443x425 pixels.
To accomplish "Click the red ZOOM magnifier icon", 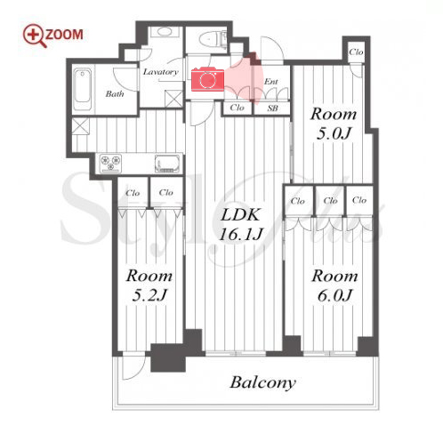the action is (35, 36).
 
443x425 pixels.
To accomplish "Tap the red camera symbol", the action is (207, 79).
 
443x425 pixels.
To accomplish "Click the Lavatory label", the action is (161, 72).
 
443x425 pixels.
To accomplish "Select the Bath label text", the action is (115, 94).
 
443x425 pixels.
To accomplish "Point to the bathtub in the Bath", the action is (83, 89).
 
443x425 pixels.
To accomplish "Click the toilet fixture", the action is (212, 38).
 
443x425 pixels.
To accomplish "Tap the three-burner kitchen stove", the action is (110, 163).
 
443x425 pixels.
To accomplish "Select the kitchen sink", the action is (167, 164).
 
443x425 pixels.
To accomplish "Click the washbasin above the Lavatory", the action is (164, 32).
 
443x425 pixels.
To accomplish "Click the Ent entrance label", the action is (271, 82).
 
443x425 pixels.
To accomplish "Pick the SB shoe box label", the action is (272, 108).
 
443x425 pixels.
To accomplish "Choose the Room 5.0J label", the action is (334, 124).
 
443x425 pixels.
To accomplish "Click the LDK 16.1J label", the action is (241, 224).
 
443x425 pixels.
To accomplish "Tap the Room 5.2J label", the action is (149, 285).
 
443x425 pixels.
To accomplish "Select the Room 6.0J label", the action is (334, 285).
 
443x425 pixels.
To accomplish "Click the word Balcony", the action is (263, 383).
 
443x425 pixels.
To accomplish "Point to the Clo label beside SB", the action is (238, 108).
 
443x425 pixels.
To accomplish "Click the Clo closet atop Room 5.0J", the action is (356, 52).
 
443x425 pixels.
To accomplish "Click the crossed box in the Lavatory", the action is (174, 99).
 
